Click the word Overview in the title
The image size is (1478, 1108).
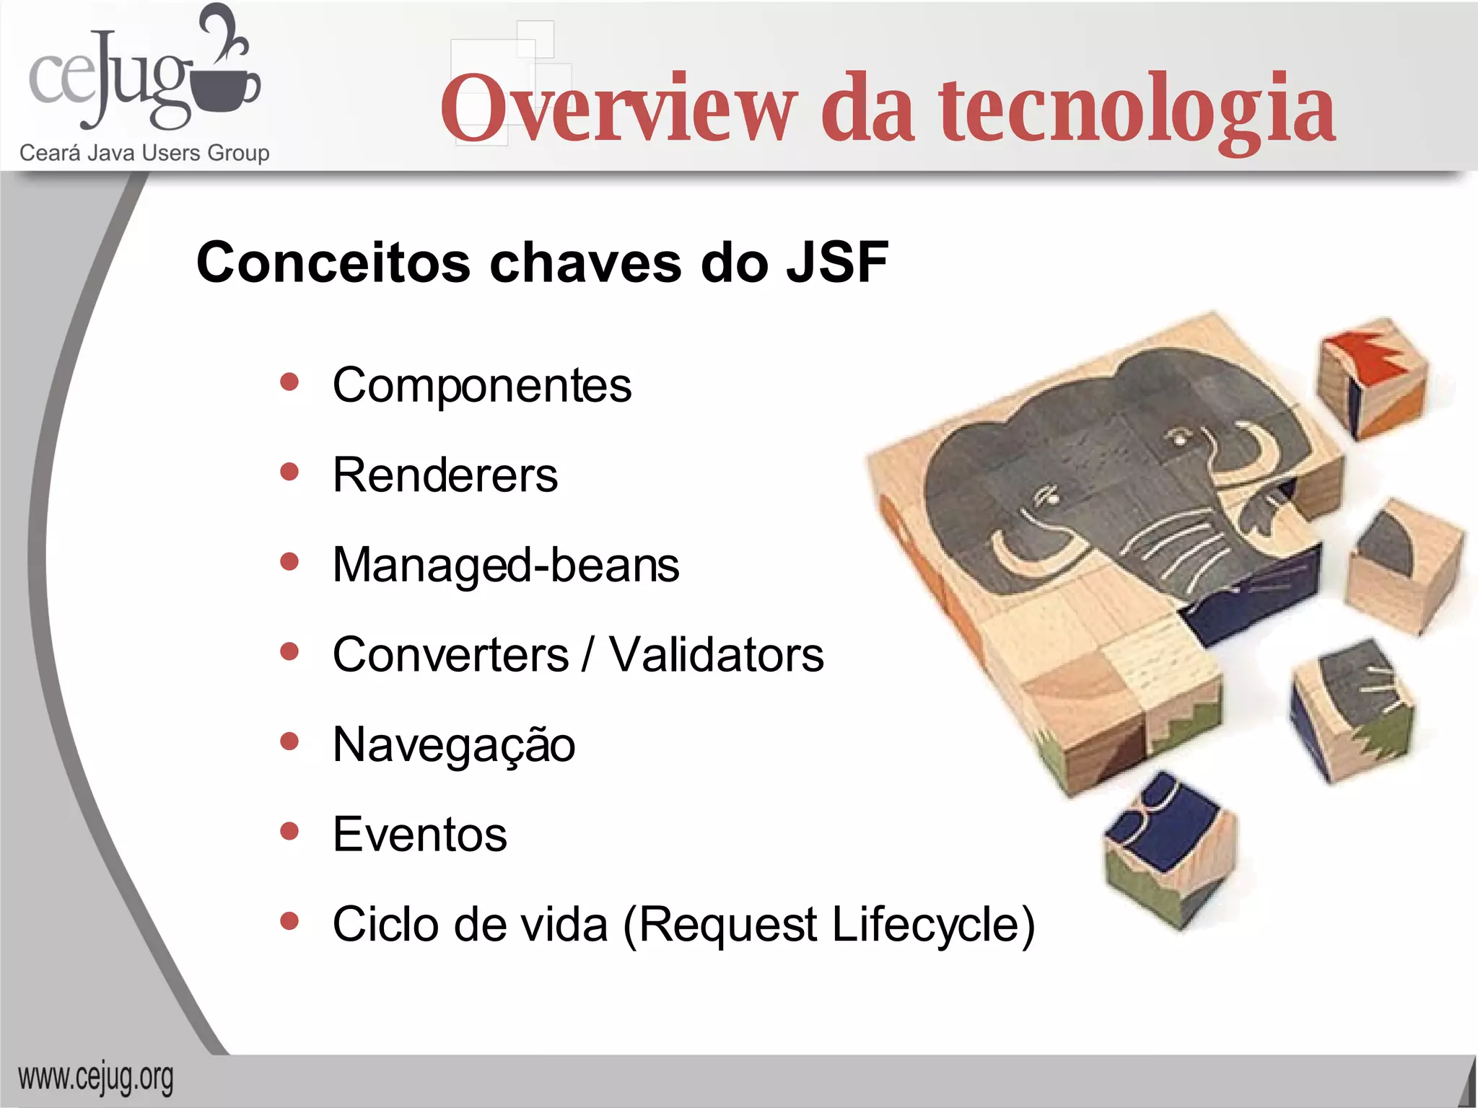(619, 108)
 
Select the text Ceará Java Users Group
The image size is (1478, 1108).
(144, 153)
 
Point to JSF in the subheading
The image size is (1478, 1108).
(837, 263)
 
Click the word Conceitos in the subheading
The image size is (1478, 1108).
(333, 263)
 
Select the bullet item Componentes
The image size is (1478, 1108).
(481, 385)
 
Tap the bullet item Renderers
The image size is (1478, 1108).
(445, 475)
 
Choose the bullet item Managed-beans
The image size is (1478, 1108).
(505, 565)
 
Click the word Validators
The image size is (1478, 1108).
(716, 655)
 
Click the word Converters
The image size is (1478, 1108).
(450, 655)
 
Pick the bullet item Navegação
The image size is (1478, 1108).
(453, 745)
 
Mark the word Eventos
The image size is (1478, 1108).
(419, 835)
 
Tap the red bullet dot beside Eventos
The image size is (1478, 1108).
(289, 831)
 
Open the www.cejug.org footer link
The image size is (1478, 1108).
(95, 1079)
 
